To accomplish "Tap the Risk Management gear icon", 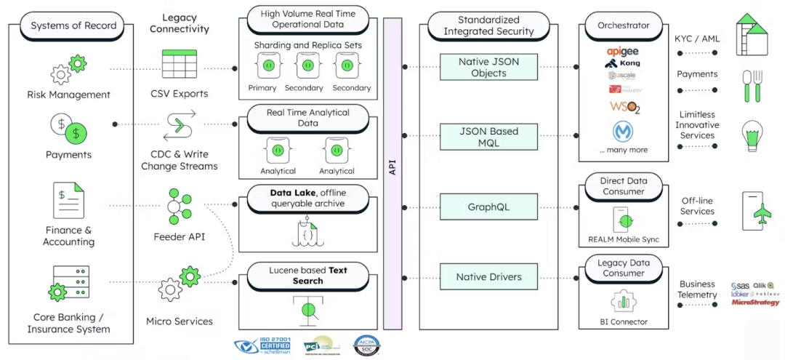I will (x=68, y=71).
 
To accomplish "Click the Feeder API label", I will (x=180, y=236).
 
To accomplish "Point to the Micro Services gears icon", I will (x=180, y=286).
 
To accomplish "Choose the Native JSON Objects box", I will (x=488, y=68).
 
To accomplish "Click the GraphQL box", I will (x=488, y=207).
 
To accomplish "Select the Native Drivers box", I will (x=488, y=277).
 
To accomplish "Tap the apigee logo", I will (x=623, y=52).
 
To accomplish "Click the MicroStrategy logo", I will (x=755, y=302).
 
